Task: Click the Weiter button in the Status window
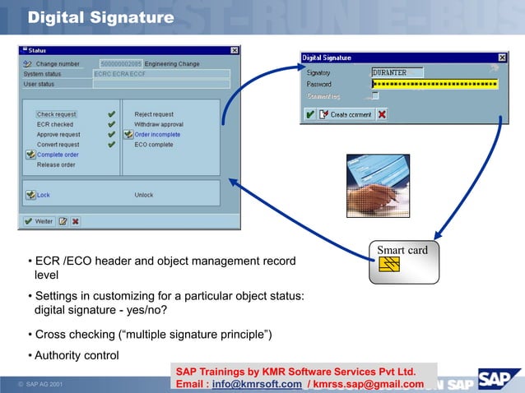pyautogui.click(x=39, y=220)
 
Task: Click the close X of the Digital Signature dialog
pyautogui.click(x=502, y=58)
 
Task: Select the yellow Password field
pyautogui.click(x=434, y=84)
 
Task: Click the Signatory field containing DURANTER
pyautogui.click(x=397, y=72)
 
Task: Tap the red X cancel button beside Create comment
pyautogui.click(x=382, y=115)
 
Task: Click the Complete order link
pyautogui.click(x=58, y=155)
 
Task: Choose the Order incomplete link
pyautogui.click(x=157, y=134)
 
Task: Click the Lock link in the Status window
pyautogui.click(x=44, y=195)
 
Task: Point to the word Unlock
pyautogui.click(x=144, y=195)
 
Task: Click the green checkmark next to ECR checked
pyautogui.click(x=111, y=124)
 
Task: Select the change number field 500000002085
pyautogui.click(x=120, y=63)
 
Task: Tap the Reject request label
pyautogui.click(x=154, y=114)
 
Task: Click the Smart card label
pyautogui.click(x=402, y=250)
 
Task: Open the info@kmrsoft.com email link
pyautogui.click(x=257, y=384)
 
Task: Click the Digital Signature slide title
pyautogui.click(x=100, y=17)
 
